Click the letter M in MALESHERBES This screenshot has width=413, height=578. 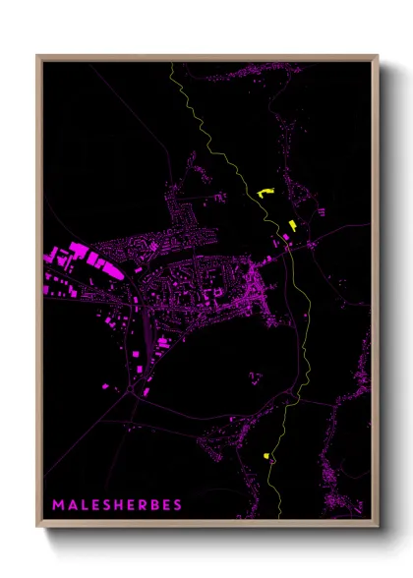tap(60, 505)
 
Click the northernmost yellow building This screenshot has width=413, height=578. tap(263, 193)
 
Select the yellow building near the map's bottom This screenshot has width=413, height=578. tap(265, 455)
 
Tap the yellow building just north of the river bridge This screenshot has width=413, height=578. tap(292, 226)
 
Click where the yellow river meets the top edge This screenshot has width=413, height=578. tap(172, 63)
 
